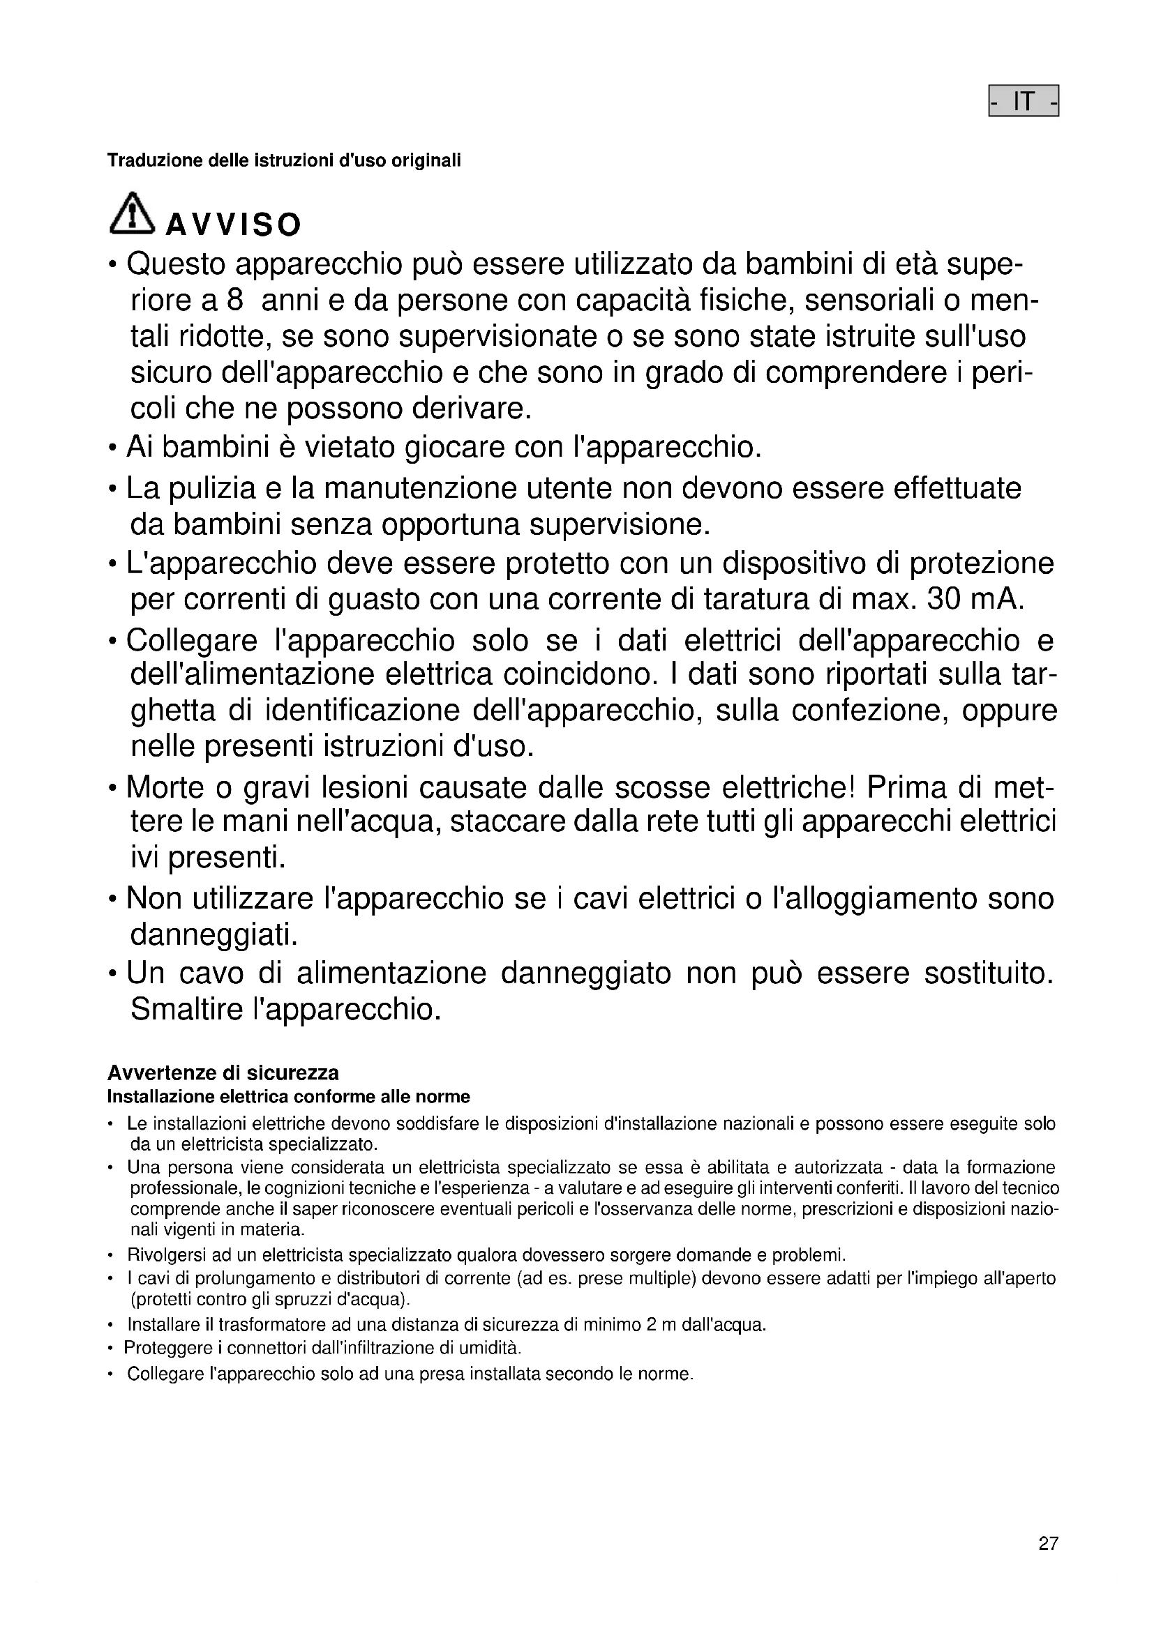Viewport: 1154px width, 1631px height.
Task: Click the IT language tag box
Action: pyautogui.click(x=1024, y=102)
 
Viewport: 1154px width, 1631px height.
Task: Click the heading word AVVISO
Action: pyautogui.click(x=233, y=225)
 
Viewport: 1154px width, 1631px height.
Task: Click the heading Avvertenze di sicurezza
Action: pyautogui.click(x=223, y=1072)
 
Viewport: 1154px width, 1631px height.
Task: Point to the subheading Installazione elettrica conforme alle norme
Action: pyautogui.click(x=289, y=1097)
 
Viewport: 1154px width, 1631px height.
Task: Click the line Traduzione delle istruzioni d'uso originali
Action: pyautogui.click(x=283, y=160)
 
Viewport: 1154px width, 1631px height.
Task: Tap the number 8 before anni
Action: pyautogui.click(x=234, y=301)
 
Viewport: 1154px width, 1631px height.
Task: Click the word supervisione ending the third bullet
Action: pyautogui.click(x=620, y=524)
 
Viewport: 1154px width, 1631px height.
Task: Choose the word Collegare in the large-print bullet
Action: pyautogui.click(x=192, y=640)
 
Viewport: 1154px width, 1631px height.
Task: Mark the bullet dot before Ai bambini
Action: pyautogui.click(x=112, y=449)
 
